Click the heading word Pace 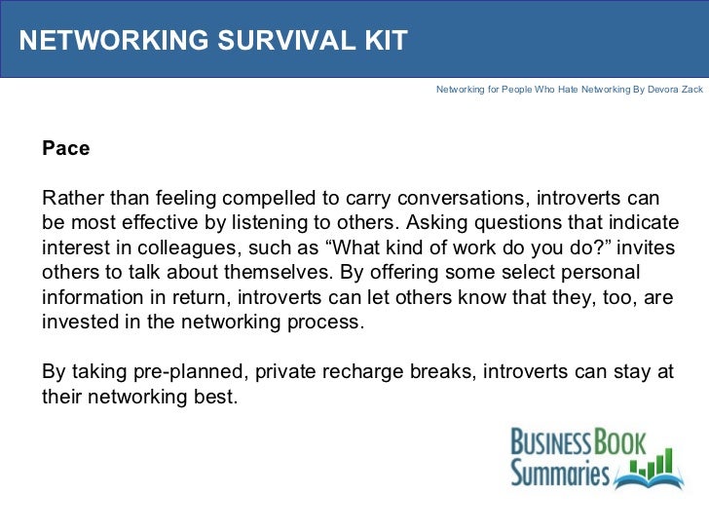point(65,149)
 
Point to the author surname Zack point(688,89)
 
